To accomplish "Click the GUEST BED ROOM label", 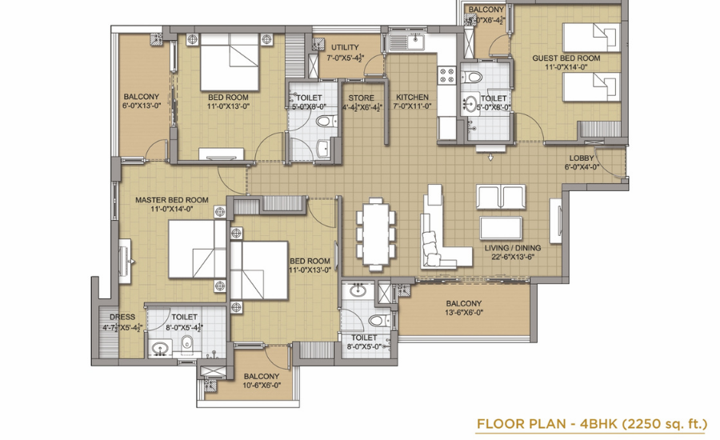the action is (566, 58).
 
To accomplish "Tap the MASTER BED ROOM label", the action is (172, 200).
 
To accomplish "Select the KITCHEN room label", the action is (412, 98).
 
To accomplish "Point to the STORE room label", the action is (361, 98).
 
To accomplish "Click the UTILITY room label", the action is (345, 47).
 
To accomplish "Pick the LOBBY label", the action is (582, 158).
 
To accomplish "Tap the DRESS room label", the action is (122, 317).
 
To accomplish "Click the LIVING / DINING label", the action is (513, 248).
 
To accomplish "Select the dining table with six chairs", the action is (376, 233).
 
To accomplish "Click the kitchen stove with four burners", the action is (447, 76).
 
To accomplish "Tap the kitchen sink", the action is (407, 42).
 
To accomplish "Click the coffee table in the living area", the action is (501, 228).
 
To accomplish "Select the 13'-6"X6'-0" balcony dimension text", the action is (464, 313).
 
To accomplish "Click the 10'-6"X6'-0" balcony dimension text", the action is (262, 386).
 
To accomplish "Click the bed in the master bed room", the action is (198, 250).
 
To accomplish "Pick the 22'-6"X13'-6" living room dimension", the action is (513, 257).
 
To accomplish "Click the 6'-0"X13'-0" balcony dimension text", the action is (142, 106).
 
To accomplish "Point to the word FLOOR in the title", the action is (498, 423).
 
